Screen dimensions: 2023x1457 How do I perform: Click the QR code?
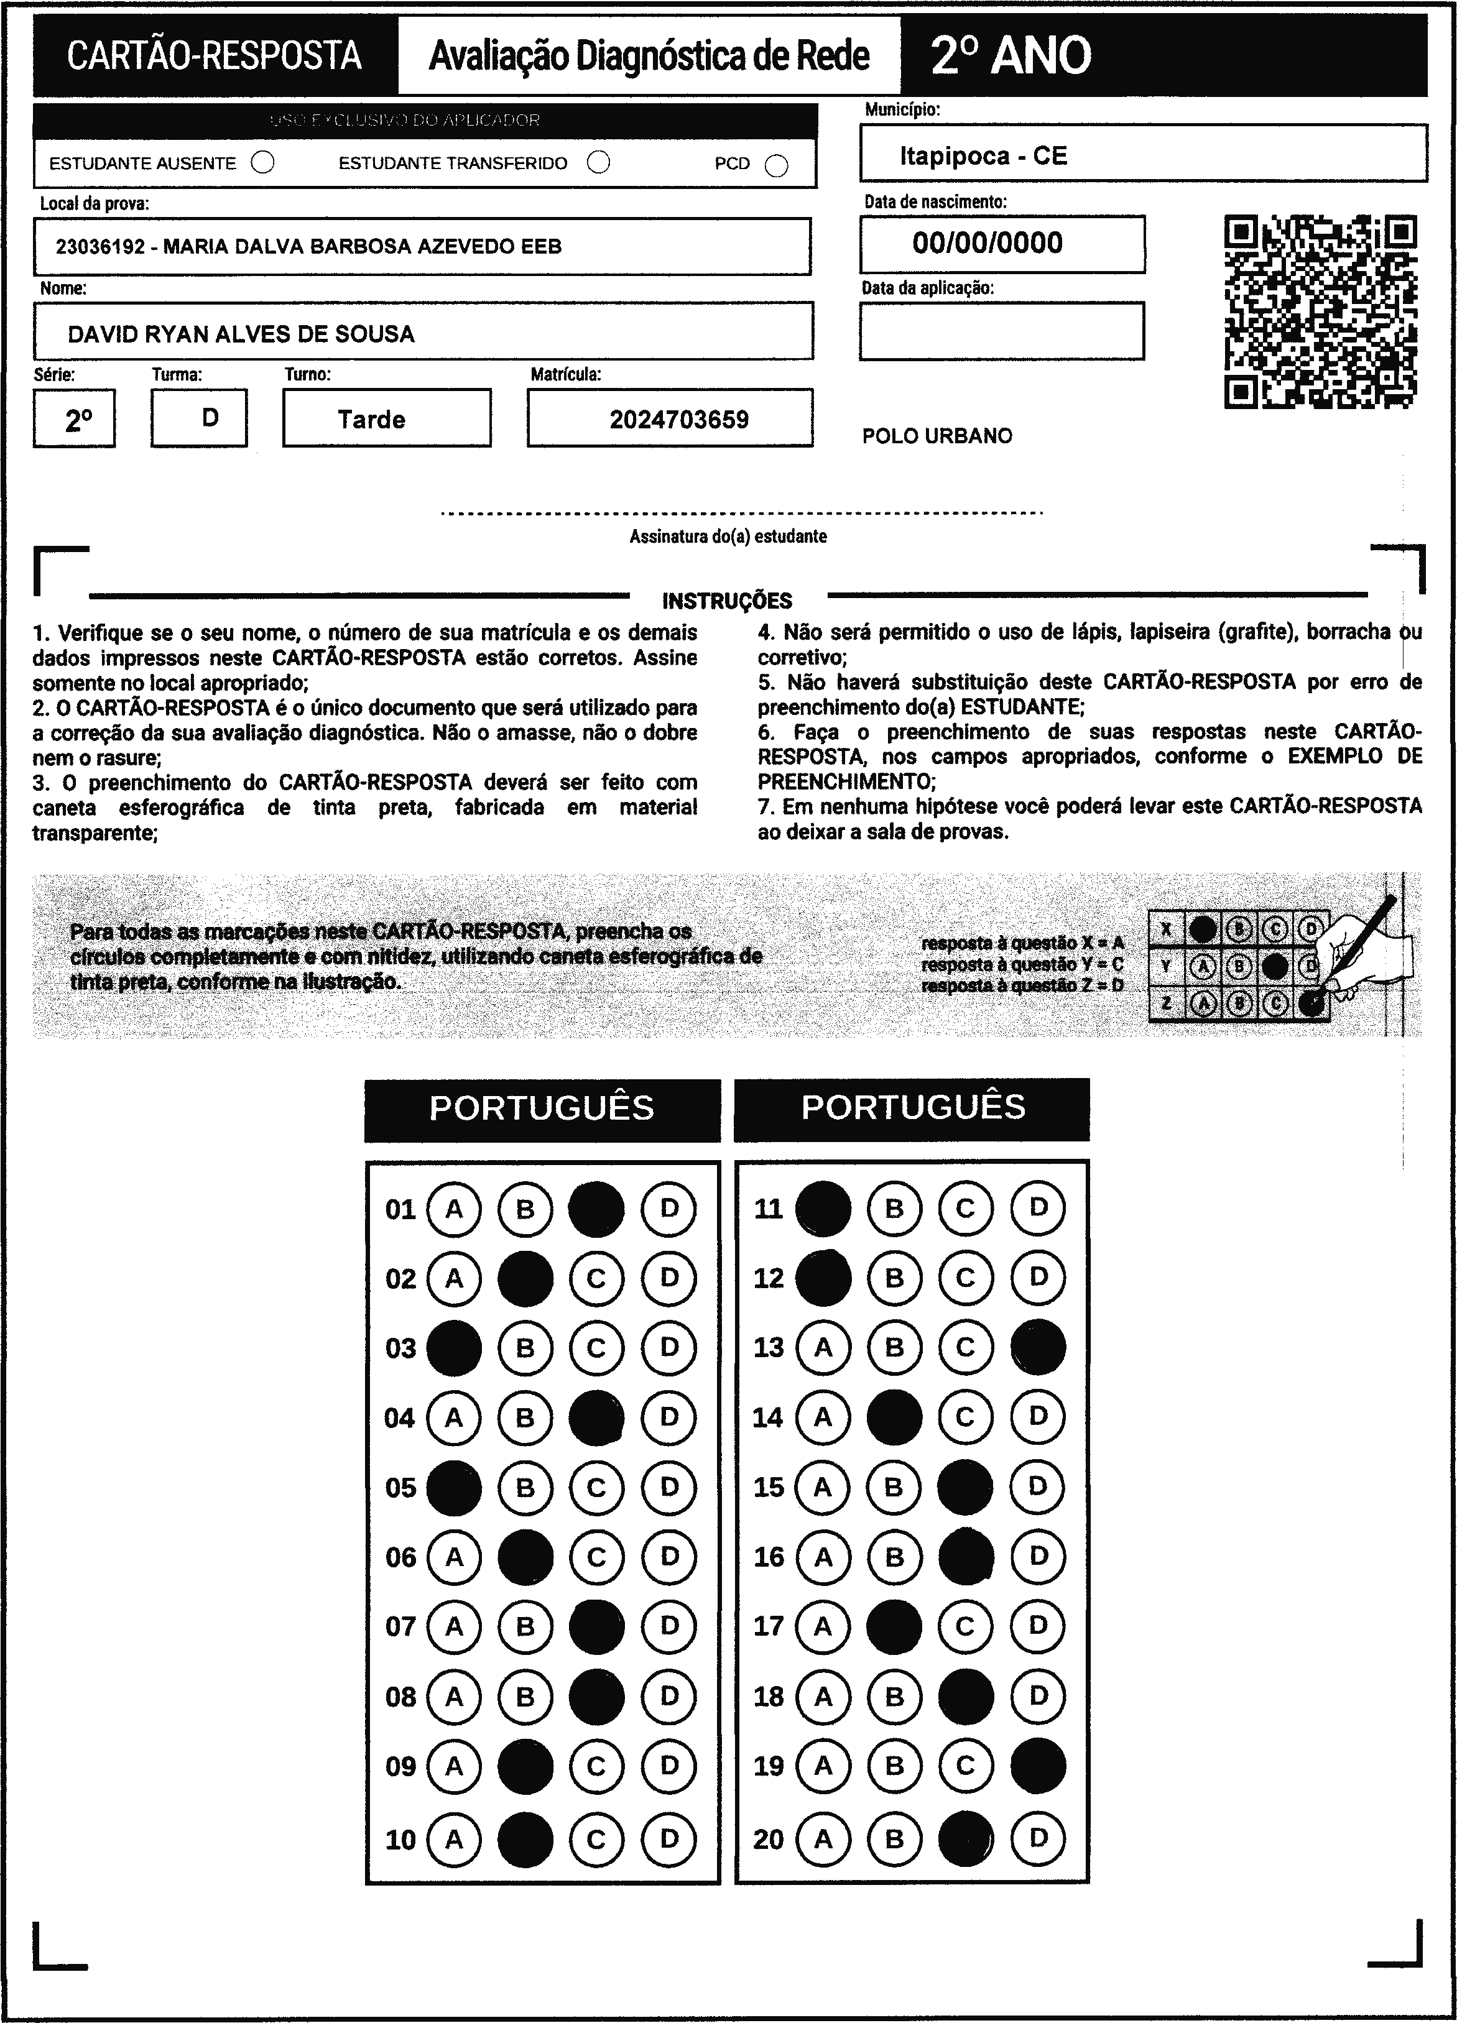pos(1320,311)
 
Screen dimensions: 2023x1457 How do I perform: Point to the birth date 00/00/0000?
pos(987,242)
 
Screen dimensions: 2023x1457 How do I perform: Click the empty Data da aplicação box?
pos(1001,331)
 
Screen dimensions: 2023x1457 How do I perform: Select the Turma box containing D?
pos(199,417)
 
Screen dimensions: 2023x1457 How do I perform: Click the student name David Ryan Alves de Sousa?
pos(241,334)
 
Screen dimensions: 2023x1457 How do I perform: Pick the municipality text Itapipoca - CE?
pos(983,156)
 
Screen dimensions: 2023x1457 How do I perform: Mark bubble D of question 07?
pos(669,1626)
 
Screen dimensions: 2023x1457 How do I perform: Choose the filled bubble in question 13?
pos(1038,1347)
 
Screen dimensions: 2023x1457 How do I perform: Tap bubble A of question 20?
pos(823,1838)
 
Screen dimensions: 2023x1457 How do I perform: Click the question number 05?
pos(400,1488)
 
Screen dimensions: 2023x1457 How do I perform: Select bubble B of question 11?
pos(894,1208)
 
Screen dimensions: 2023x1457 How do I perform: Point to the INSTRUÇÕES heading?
pos(727,601)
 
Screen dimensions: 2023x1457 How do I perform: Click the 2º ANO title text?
pos(1011,55)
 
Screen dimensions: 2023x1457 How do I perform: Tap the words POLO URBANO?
pos(937,436)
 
